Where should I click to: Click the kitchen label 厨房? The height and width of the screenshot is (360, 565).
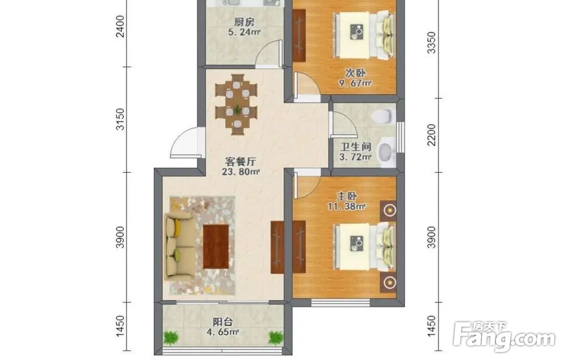244,22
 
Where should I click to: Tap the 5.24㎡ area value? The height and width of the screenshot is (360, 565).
244,32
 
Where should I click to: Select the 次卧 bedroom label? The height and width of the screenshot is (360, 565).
355,73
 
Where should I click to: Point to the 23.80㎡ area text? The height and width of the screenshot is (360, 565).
241,172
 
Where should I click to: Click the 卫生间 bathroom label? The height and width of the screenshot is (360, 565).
355,147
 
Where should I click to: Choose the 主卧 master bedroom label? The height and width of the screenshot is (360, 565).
347,197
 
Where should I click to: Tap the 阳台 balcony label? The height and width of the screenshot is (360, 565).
223,322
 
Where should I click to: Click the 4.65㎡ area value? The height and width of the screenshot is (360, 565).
223,332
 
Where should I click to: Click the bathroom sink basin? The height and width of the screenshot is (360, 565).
386,151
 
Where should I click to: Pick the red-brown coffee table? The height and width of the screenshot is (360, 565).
216,246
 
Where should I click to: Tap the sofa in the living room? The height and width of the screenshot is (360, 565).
179,246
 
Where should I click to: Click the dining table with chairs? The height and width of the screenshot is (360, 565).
237,105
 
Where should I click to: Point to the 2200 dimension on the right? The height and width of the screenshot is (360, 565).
431,135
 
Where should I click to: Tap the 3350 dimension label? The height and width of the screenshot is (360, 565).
431,42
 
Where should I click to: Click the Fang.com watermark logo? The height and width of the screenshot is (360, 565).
504,337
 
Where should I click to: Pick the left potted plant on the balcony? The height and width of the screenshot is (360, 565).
171,337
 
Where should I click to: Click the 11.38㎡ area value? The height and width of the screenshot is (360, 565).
347,206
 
